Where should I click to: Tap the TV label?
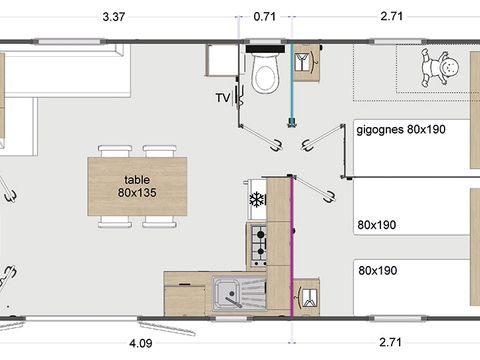tap(223, 97)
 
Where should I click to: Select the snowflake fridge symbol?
tap(255, 199)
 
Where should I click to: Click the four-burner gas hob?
tap(257, 242)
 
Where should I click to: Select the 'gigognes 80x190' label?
tap(401, 128)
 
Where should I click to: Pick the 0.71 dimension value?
tap(265, 17)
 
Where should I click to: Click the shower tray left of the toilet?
tap(221, 61)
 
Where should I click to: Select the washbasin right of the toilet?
tap(307, 62)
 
